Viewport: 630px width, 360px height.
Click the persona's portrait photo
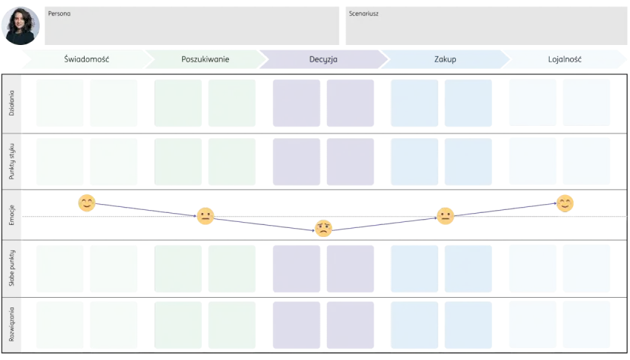coord(20,25)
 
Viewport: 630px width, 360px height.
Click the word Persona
coord(59,13)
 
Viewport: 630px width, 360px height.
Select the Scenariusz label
coord(364,13)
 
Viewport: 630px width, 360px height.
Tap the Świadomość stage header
coord(86,59)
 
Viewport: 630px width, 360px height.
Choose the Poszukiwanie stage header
coord(205,59)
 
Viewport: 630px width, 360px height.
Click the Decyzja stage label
coord(323,59)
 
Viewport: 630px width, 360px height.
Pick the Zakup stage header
coord(445,59)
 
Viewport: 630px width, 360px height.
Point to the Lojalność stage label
coord(565,59)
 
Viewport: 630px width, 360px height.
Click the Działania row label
coord(11,103)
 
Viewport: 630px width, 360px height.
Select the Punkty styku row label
coord(11,161)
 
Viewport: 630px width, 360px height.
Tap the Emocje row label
coord(11,215)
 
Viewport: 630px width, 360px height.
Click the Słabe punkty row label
coord(11,268)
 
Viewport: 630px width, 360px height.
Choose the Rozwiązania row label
coord(11,324)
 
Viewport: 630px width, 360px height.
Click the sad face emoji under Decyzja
coord(323,229)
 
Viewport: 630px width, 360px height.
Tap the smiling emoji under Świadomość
coord(87,203)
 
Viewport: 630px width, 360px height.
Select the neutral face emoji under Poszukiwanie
coord(205,216)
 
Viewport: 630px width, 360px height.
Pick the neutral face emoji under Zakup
coord(445,216)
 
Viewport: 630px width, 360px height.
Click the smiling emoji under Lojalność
coord(565,203)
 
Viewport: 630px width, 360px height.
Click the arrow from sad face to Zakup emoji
coord(385,223)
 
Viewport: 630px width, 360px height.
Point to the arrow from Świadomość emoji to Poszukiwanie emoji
coord(146,210)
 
